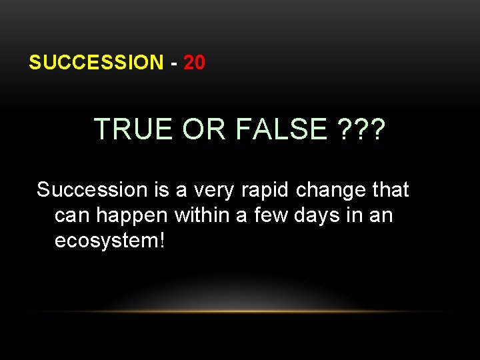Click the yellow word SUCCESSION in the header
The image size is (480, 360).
(x=95, y=63)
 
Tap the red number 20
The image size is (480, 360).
(x=194, y=63)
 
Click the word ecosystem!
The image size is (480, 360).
(x=109, y=241)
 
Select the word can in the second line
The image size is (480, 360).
(x=70, y=215)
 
